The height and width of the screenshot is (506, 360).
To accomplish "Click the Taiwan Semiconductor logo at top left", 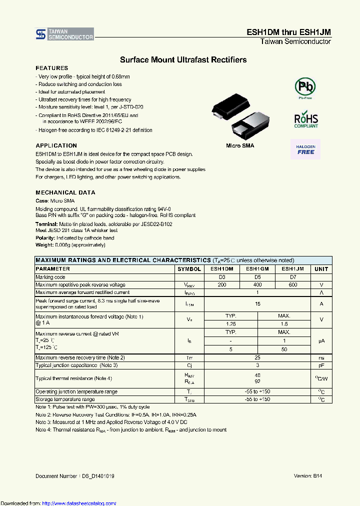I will click(64, 34).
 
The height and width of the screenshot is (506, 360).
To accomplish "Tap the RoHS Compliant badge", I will click(305, 120).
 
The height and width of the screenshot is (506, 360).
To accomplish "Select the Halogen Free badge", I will click(305, 149).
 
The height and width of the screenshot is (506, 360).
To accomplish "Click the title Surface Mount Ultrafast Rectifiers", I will click(183, 60).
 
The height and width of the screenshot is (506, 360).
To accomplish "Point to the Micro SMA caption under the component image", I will click(239, 145).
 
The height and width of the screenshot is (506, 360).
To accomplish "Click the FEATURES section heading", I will click(51, 68).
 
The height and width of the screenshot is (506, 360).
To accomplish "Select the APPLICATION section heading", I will click(56, 146).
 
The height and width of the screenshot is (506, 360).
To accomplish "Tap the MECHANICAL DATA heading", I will click(65, 192).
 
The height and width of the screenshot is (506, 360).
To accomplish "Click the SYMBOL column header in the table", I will click(189, 269).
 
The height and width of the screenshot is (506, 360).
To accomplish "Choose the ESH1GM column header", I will click(257, 269).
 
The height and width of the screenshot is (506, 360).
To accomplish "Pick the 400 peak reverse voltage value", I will click(257, 284).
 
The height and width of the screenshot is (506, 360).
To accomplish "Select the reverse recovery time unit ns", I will click(321, 358).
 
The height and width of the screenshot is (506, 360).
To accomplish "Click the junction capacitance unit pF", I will click(321, 365).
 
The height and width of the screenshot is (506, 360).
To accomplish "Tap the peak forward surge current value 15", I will click(257, 303).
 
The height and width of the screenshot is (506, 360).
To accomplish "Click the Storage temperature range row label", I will click(65, 399).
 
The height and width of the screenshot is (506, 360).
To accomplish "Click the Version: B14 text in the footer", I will click(307, 476).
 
